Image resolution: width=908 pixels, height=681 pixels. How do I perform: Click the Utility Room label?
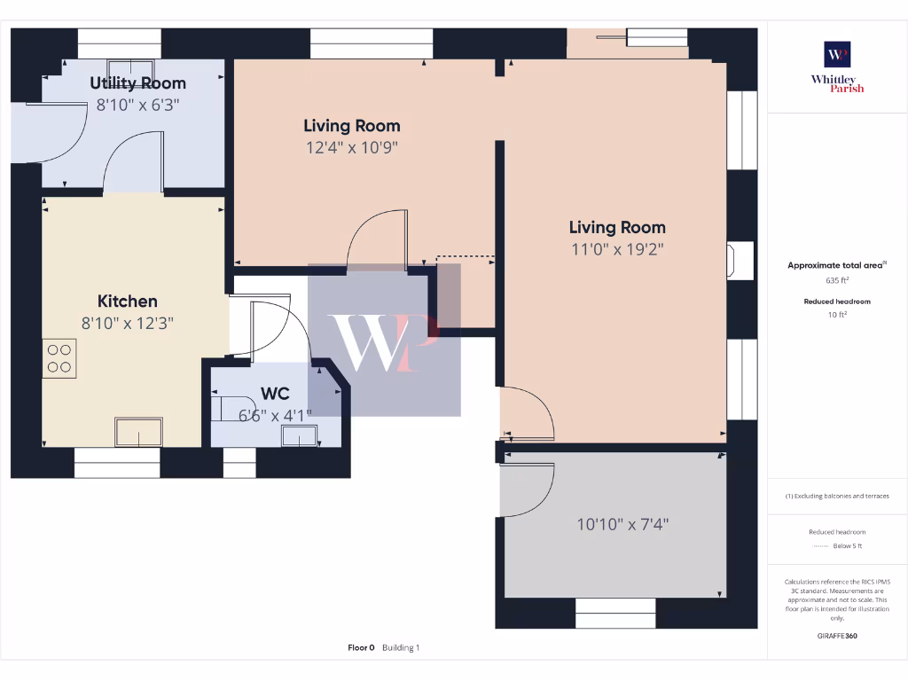(137, 83)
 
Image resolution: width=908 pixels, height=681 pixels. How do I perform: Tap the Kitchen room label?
(127, 301)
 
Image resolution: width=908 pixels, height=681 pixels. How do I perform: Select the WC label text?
(274, 393)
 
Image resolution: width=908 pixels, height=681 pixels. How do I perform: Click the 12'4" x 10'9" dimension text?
(352, 148)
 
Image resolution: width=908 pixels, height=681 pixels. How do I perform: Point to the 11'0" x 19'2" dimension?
(617, 250)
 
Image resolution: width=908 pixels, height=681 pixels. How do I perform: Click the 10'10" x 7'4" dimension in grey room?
(622, 525)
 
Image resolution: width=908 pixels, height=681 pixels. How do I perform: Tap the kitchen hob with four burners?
(59, 358)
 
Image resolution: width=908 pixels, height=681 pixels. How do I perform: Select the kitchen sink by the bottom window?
(138, 432)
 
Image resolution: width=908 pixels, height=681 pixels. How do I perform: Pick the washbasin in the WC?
(299, 435)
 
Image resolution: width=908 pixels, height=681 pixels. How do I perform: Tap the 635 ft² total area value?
(837, 280)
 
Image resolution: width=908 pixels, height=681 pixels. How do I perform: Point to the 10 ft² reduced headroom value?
(837, 314)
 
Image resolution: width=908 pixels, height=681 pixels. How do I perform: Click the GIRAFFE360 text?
(837, 636)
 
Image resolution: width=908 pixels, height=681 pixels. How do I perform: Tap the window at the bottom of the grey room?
(615, 613)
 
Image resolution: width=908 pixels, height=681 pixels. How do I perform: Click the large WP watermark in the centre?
(383, 341)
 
